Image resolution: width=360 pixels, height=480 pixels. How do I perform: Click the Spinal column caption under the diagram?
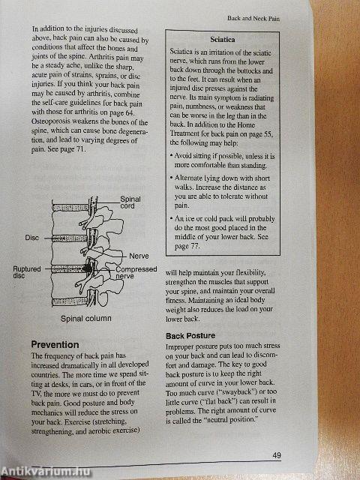tap(85, 318)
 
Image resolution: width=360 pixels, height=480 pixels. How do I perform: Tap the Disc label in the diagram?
tap(31, 238)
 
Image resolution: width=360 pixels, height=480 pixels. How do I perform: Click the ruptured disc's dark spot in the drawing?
tap(90, 266)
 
